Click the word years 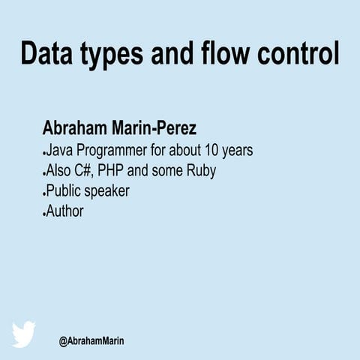pyautogui.click(x=238, y=151)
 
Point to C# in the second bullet pyautogui.click(x=81, y=170)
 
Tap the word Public pyautogui.click(x=64, y=190)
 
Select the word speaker pyautogui.click(x=107, y=192)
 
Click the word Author pyautogui.click(x=64, y=211)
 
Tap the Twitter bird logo pyautogui.click(x=24, y=334)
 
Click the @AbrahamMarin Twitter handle pyautogui.click(x=91, y=341)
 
